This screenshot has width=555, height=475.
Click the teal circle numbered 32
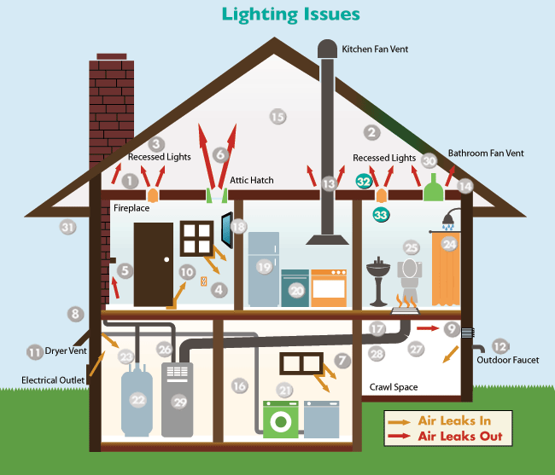click(x=364, y=182)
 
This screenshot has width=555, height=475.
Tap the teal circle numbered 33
click(x=381, y=215)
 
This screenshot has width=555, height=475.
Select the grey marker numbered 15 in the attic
click(x=277, y=117)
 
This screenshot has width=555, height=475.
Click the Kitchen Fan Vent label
click(x=375, y=49)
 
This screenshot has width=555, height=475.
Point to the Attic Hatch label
click(x=252, y=180)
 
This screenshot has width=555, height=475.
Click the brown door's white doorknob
click(x=166, y=259)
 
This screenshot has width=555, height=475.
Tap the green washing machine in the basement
click(x=281, y=420)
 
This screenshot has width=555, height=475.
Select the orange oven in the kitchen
click(x=329, y=287)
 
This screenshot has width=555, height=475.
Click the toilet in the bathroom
click(x=410, y=280)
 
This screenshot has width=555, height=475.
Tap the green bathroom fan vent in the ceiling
click(x=433, y=188)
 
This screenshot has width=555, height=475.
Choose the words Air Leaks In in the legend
click(x=454, y=420)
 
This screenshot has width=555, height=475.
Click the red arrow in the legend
click(x=399, y=436)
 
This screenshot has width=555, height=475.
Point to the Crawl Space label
click(x=394, y=387)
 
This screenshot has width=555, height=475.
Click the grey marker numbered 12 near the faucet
click(x=500, y=346)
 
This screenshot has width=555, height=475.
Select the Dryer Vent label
click(x=66, y=351)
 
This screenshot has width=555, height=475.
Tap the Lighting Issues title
click(x=290, y=14)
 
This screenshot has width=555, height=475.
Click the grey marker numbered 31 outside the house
click(x=67, y=227)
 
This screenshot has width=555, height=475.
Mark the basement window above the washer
click(x=301, y=363)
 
